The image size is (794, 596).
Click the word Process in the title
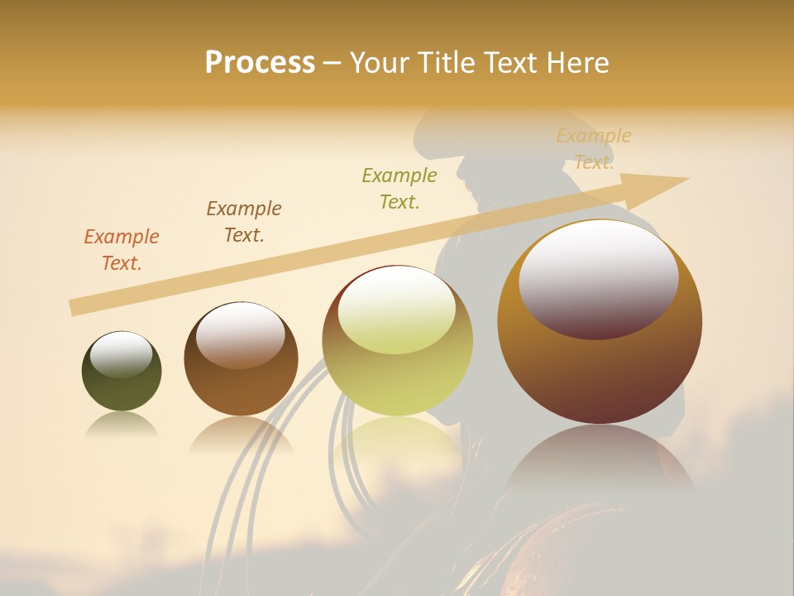pos(260,63)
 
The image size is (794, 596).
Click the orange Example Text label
pos(122,250)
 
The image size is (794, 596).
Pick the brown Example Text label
pos(244,222)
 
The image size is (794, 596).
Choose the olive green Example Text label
pos(399,189)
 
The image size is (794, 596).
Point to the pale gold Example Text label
pos(593,149)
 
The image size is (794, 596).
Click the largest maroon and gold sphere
pos(600,364)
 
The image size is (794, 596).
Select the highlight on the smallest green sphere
pos(121,354)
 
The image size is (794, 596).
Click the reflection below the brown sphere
pos(240,435)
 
